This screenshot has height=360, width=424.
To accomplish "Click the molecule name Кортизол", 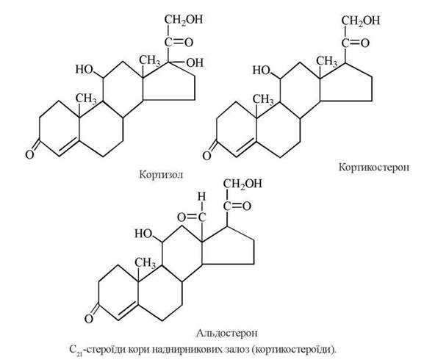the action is point(161,174).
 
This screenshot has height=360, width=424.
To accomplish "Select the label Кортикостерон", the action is point(374,168).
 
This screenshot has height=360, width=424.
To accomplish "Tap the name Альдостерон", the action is point(226,333).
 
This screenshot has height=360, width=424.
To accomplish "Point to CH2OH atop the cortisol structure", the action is point(183,19).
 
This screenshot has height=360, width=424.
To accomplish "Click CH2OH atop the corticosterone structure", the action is point(361,21).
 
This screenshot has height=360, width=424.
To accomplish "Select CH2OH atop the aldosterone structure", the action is point(242,184).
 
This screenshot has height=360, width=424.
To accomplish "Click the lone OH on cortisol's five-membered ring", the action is point(195,62).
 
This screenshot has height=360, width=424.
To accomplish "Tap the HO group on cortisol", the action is point(84,69).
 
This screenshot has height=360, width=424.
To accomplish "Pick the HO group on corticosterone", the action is point(262,71).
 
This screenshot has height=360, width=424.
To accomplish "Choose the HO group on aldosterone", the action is point(143,234).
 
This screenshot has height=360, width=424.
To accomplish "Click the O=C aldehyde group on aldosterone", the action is point(192,217).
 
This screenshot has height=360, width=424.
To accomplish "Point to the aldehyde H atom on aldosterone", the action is point(201,196).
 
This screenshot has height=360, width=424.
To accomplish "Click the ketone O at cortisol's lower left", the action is point(29,155).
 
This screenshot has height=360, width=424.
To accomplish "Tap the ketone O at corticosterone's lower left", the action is point(206,156).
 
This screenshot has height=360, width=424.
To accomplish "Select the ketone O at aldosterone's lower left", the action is point(89,319).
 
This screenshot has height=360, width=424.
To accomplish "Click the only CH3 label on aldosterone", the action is point(145,262).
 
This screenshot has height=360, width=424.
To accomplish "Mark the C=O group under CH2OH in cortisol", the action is point(179,43).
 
